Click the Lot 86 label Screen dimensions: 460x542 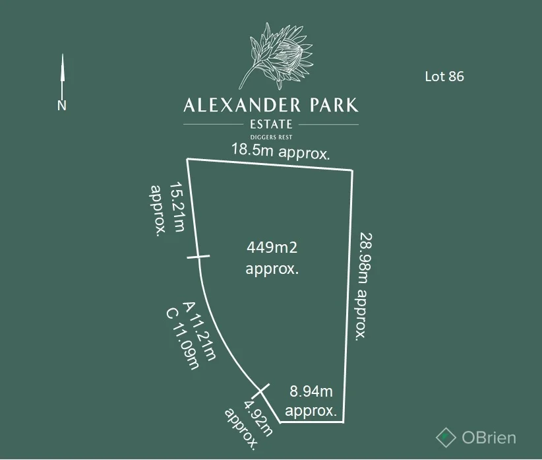click(444, 76)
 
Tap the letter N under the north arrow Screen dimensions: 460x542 click(62, 105)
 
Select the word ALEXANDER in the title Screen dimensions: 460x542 click(243, 105)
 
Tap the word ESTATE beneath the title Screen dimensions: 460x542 click(271, 124)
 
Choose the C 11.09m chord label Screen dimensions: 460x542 click(183, 339)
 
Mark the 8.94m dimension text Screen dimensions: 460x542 click(311, 391)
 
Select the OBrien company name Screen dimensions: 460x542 click(489, 437)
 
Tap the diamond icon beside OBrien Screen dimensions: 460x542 click(446, 436)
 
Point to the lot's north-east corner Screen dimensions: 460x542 click(352, 170)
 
